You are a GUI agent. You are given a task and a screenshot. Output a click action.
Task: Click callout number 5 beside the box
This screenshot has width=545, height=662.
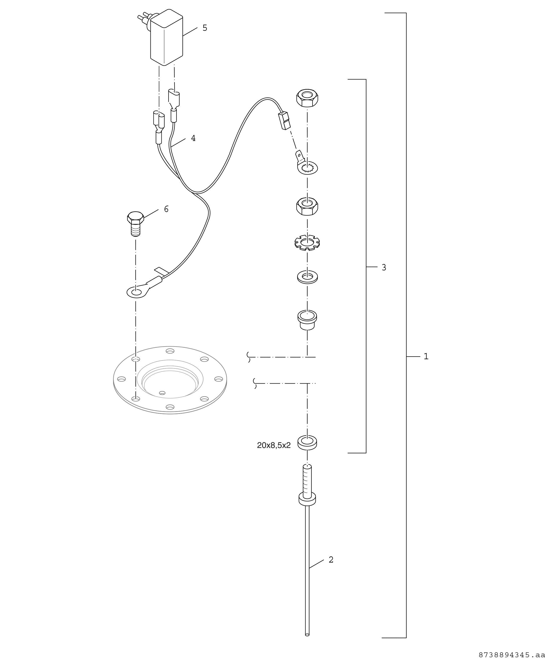[x=205, y=28]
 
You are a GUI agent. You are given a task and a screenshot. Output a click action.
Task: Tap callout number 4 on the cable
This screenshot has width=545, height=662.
[x=193, y=138]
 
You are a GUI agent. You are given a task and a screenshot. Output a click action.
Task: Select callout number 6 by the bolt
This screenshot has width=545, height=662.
[x=166, y=209]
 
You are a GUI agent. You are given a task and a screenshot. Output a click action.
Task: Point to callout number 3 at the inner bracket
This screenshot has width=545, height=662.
[x=384, y=267]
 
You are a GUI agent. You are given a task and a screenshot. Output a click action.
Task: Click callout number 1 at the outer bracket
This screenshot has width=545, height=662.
[x=426, y=356]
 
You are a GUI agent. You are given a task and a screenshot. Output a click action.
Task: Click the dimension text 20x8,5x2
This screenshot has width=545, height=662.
[x=274, y=445]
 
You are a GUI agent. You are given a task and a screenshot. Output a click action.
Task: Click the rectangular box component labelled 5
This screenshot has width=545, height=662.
[x=166, y=38]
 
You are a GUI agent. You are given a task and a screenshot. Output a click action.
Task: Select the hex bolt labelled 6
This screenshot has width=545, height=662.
[x=136, y=223]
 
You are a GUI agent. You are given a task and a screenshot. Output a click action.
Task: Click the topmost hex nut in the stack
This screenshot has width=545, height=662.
[x=307, y=98]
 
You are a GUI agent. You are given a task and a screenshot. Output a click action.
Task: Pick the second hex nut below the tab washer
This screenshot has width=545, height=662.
[x=307, y=206]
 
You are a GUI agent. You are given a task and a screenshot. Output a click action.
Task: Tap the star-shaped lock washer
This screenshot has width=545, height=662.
[x=307, y=242]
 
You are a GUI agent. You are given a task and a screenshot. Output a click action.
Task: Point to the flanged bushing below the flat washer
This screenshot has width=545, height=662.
[x=307, y=320]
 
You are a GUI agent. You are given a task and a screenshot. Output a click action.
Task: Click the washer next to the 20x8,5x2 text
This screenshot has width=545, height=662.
[x=307, y=442]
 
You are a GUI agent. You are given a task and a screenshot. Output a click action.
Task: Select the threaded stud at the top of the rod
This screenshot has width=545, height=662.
[x=307, y=482]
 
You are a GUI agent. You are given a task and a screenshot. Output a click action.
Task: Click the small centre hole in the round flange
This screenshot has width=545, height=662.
[x=162, y=393]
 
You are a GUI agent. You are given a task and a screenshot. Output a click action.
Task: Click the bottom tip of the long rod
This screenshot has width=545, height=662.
[x=307, y=635]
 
